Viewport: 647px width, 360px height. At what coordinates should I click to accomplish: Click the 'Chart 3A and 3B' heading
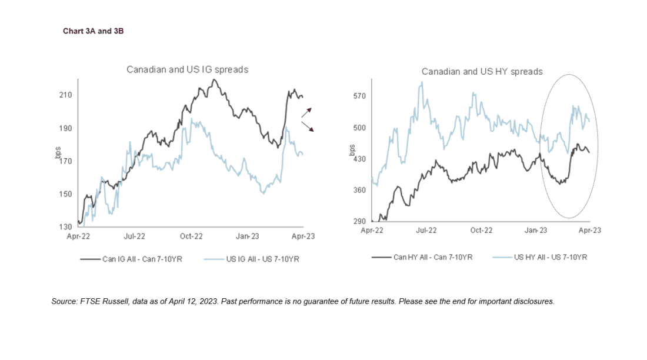point(93,31)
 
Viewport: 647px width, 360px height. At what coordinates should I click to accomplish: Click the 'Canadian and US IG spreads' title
point(187,69)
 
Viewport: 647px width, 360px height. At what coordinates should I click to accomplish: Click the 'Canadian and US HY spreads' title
point(482,72)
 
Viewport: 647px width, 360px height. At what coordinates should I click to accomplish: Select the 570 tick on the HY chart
point(359,95)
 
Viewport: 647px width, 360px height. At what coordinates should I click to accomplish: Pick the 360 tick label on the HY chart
point(359,190)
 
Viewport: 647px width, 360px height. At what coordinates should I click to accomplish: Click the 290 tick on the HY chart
point(359,222)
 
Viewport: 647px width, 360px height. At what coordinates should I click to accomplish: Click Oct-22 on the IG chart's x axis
point(191,236)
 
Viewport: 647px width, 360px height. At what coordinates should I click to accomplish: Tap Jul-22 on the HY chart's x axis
point(426,231)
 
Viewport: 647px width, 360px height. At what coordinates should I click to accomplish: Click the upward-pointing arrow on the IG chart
point(307,112)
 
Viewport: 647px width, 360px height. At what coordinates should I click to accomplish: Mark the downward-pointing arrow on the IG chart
point(307,126)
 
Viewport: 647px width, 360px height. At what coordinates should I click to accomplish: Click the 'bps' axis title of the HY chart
point(352,148)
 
